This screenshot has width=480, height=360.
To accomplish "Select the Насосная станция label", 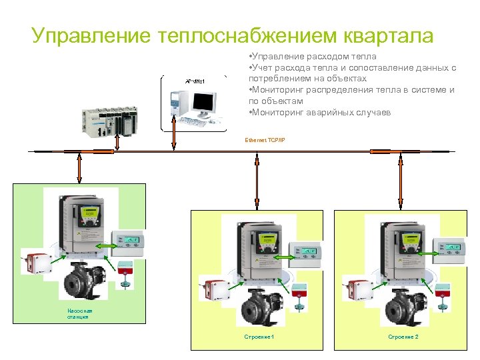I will click(80, 313).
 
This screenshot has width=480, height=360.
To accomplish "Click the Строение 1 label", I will click(260, 337).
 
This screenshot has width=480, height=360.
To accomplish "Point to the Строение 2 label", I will click(403, 337).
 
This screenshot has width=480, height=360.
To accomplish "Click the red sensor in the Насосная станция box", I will click(36, 262).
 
